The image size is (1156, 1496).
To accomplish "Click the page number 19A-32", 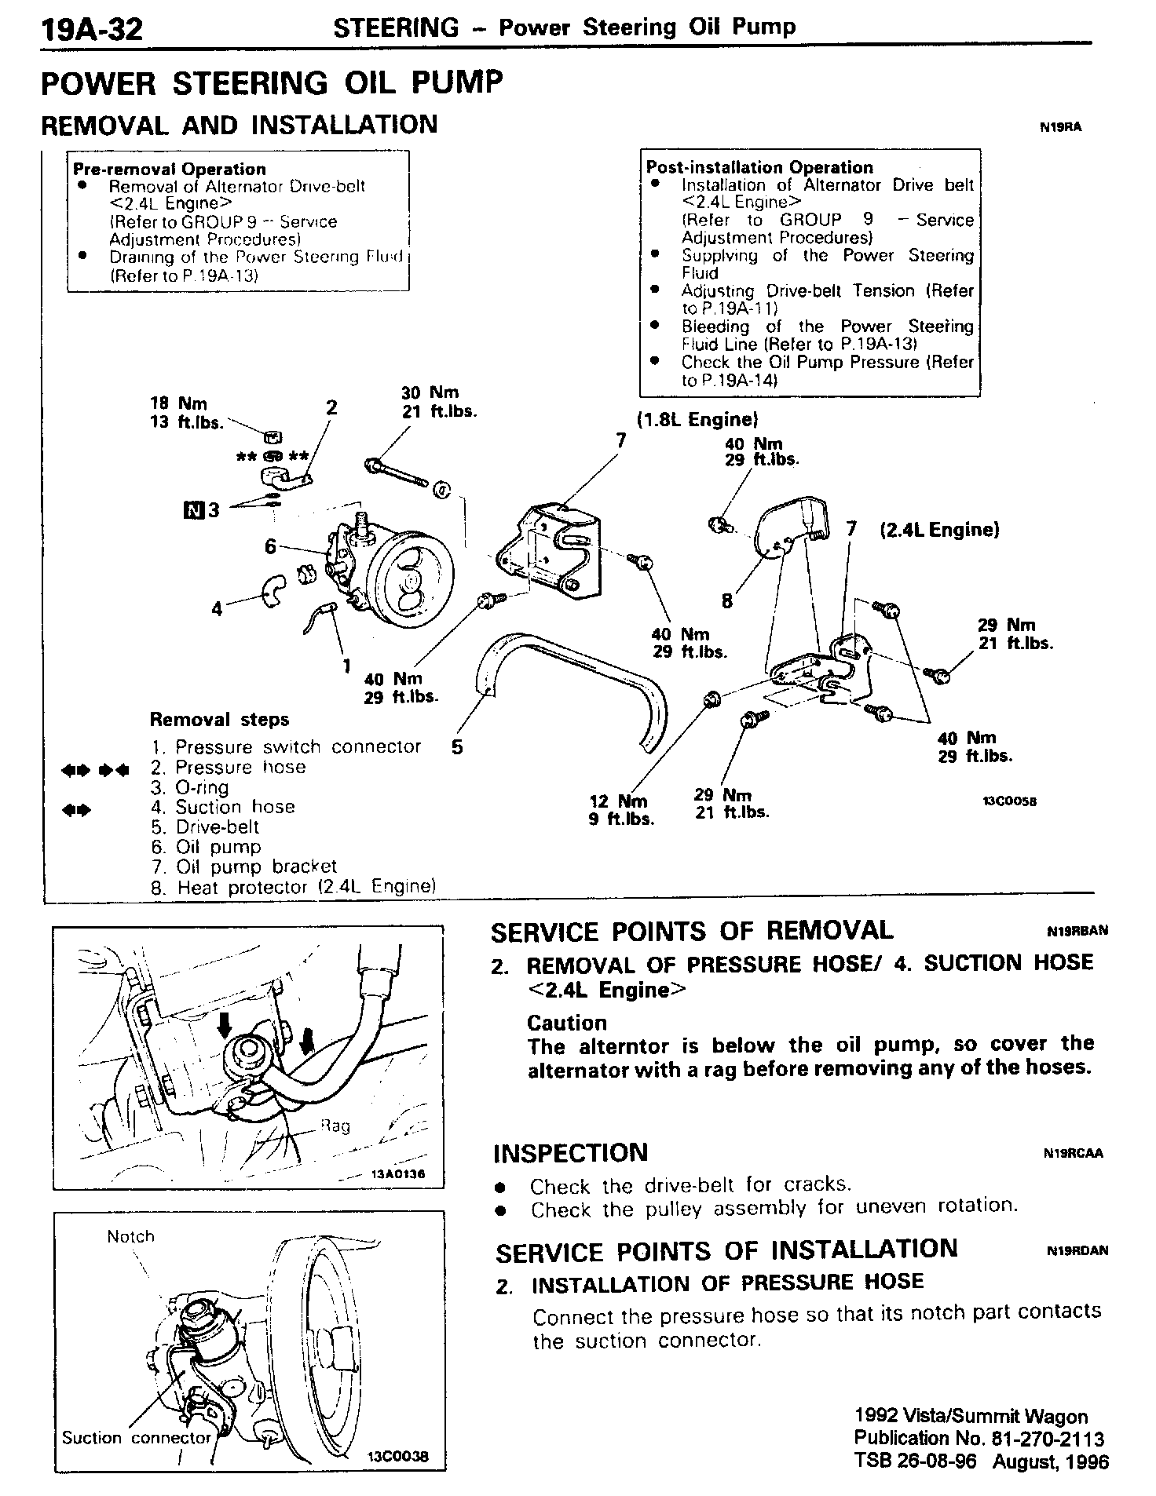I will pyautogui.click(x=93, y=30).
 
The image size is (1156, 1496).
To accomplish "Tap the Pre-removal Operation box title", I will pyautogui.click(x=169, y=169).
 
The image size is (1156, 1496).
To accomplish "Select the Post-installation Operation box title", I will pyautogui.click(x=759, y=167).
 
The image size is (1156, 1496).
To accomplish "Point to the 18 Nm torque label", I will pyautogui.click(x=179, y=403).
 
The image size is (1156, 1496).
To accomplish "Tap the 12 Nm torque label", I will pyautogui.click(x=618, y=801).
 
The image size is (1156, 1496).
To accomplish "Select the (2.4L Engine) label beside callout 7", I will pyautogui.click(x=939, y=530).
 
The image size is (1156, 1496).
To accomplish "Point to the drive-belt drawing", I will pyautogui.click(x=573, y=675).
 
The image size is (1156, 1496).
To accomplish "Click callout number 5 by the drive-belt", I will pyautogui.click(x=457, y=746).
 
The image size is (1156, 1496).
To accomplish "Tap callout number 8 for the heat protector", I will pyautogui.click(x=727, y=601).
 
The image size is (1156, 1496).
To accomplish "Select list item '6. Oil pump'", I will pyautogui.click(x=206, y=847).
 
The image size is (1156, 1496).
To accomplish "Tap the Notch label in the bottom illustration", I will pyautogui.click(x=130, y=1236).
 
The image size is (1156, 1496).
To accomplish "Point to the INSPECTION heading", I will pyautogui.click(x=570, y=1153).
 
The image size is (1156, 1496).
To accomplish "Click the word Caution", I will pyautogui.click(x=567, y=1023).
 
